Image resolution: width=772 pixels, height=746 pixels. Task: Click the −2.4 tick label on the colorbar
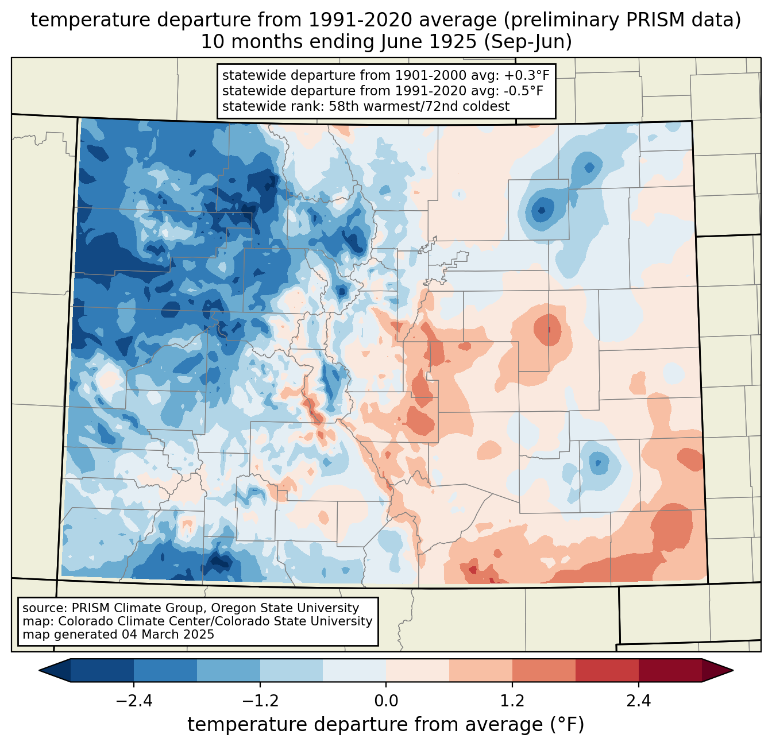coord(134,701)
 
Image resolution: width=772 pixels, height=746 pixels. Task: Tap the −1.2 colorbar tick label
coord(260,701)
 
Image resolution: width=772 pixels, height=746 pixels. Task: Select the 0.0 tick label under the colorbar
coord(386,701)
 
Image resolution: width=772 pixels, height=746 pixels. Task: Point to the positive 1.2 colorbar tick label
coord(512,701)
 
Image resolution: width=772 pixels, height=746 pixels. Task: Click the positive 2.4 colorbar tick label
coord(638,701)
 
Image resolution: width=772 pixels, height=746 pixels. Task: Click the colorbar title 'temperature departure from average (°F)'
coord(385,725)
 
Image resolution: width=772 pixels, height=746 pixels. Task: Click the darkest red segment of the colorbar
coord(670,670)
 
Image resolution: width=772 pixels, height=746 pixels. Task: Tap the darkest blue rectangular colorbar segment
coord(102,670)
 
